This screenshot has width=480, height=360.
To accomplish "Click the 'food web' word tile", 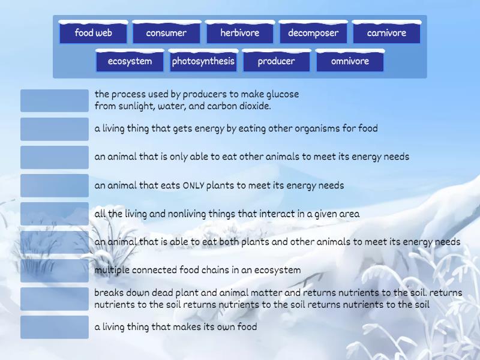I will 93,33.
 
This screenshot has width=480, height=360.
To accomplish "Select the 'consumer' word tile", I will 166,33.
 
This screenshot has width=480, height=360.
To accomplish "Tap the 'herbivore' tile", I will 239,33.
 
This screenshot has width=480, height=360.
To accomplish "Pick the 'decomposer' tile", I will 313,33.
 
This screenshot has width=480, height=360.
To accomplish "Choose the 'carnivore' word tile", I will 386,33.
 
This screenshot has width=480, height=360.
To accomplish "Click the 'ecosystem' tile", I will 130,61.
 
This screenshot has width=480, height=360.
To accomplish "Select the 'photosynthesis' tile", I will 203,61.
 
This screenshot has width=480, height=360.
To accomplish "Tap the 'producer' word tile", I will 276,61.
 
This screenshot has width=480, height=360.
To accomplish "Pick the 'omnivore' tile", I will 350,61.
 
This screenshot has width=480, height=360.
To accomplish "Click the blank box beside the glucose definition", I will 55,101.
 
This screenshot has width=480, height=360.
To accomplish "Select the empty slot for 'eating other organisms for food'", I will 55,129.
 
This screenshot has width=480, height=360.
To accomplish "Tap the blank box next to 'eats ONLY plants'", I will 55,185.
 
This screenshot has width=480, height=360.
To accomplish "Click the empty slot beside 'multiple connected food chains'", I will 55,271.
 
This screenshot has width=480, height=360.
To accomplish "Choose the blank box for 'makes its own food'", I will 55,328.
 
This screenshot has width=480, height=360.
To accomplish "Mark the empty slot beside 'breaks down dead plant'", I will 55,299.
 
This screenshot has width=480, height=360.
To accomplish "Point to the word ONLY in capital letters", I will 193,185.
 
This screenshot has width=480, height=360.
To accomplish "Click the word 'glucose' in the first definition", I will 281,94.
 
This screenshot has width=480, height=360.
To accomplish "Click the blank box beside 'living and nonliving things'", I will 55,214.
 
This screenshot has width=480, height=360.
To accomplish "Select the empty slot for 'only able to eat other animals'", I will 55,157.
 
